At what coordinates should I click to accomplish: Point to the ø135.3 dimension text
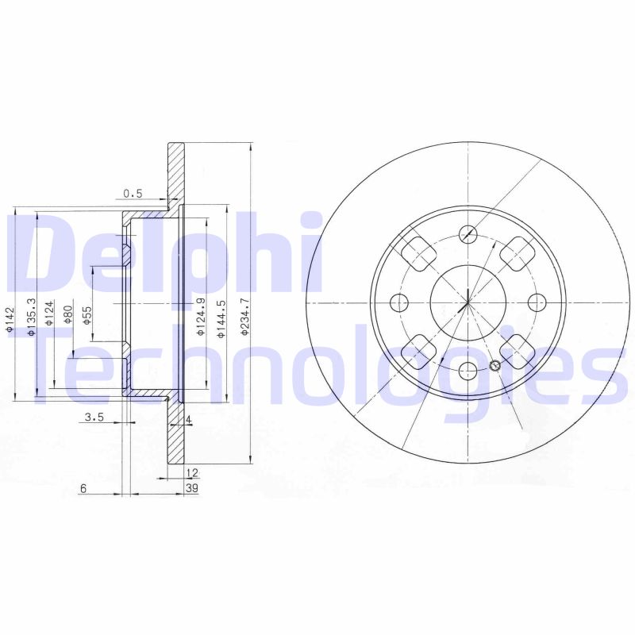[31, 317]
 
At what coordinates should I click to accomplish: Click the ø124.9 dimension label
[201, 317]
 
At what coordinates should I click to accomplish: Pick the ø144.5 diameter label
[222, 317]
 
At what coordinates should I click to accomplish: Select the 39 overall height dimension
[191, 488]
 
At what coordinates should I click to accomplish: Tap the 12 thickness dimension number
[191, 472]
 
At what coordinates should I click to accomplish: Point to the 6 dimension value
[83, 488]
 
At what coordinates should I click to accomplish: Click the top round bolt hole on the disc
[468, 234]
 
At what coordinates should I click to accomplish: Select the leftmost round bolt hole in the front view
[399, 302]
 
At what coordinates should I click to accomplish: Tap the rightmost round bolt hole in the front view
[537, 302]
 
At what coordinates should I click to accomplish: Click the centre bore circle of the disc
[468, 302]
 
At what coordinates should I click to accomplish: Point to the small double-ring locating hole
[495, 366]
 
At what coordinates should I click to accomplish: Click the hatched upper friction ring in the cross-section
[175, 171]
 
